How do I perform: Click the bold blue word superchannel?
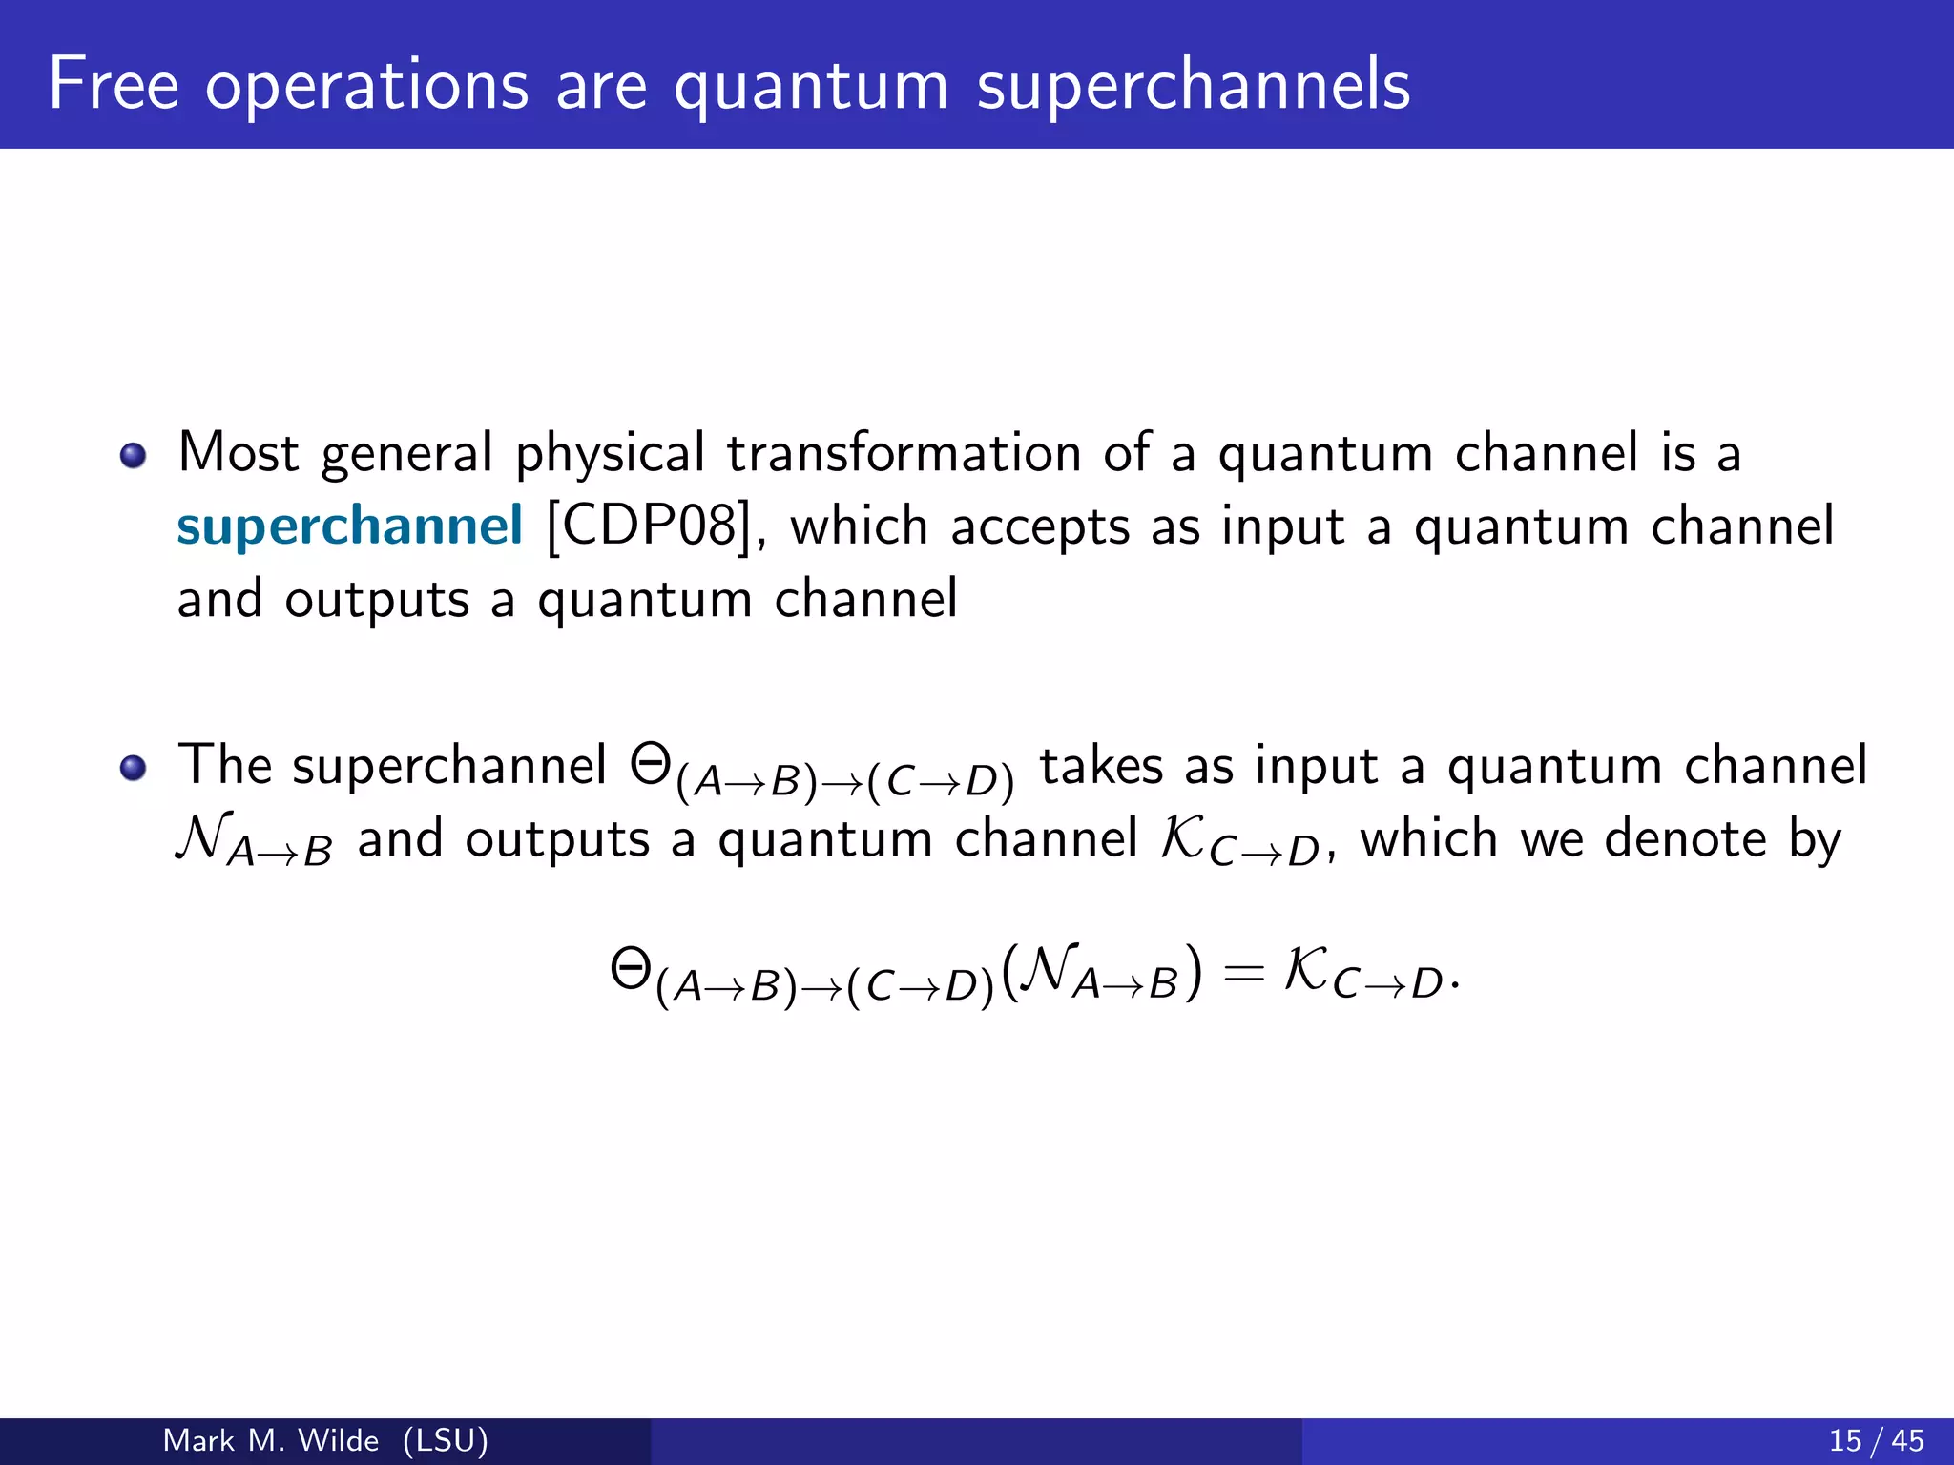point(349,526)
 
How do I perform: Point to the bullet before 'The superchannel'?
point(133,768)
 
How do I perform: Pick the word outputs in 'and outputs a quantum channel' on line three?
point(377,601)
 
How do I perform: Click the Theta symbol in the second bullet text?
point(652,764)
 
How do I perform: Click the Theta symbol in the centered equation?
point(632,970)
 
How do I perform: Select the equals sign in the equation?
point(1243,974)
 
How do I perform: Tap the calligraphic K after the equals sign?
point(1306,970)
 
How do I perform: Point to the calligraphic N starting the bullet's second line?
point(203,837)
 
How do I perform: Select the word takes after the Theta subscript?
point(1101,766)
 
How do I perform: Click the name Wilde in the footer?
point(338,1440)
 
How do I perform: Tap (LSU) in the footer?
point(445,1440)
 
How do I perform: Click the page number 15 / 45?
point(1876,1440)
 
